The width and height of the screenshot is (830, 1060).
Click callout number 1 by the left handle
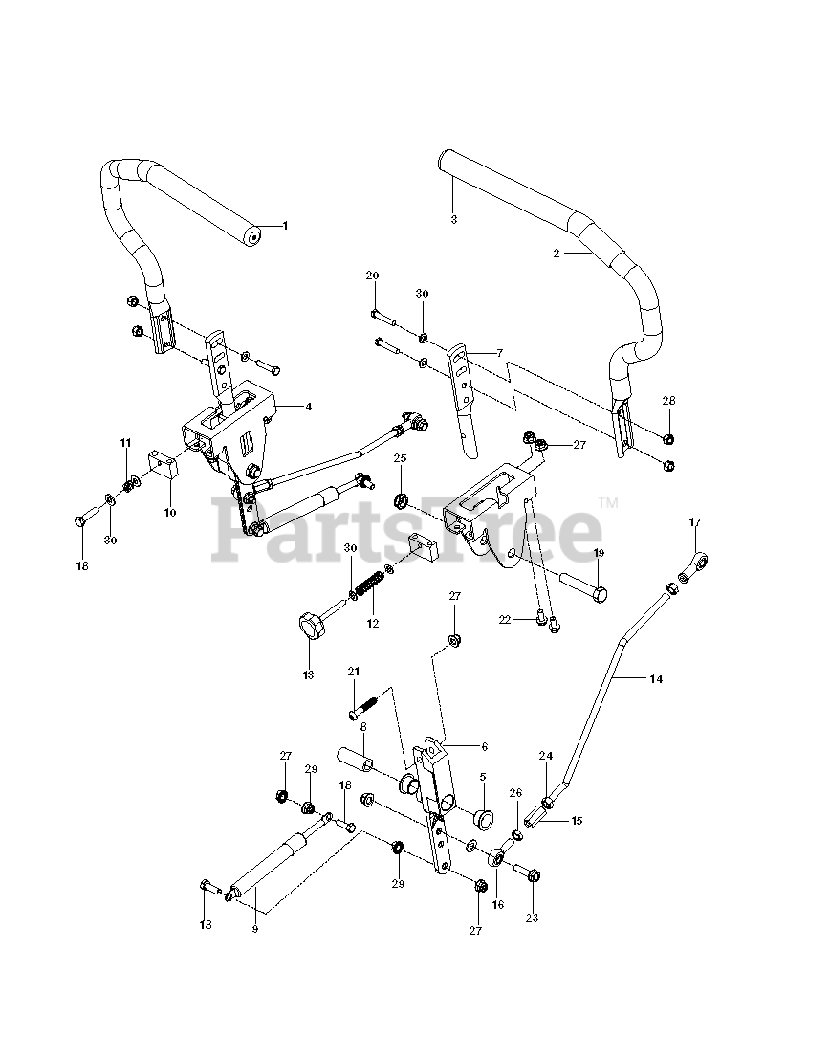tap(285, 225)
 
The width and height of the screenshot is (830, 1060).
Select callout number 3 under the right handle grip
tap(453, 219)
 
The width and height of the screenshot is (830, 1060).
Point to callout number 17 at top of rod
tap(695, 522)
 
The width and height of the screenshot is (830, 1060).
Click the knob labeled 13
tap(311, 629)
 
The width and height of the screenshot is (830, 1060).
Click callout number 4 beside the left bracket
tap(309, 407)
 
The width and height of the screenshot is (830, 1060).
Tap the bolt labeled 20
tap(380, 314)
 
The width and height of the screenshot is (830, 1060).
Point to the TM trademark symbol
tap(608, 501)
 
